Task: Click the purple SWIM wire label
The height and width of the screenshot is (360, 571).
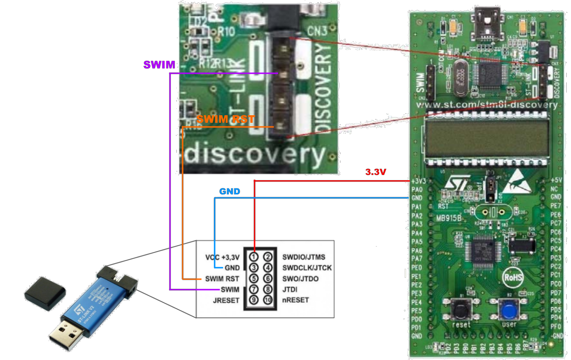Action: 159,65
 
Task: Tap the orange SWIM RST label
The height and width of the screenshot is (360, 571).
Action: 225,119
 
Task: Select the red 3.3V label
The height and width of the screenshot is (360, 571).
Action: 375,172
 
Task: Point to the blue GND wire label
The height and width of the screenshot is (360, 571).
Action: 230,191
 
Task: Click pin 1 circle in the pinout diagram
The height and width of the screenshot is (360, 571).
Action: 253,257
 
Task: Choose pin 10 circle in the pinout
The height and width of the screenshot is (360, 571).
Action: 268,300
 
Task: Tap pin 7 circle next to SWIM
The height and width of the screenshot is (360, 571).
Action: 253,290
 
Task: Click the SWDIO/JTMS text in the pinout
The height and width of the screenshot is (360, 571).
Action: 304,257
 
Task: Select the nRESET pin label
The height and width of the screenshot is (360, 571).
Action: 296,300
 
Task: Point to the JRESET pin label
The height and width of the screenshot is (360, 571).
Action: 226,301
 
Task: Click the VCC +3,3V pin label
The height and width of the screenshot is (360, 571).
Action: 222,257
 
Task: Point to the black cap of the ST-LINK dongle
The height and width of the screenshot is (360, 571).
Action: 45,293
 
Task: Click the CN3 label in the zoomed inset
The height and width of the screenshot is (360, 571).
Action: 317,31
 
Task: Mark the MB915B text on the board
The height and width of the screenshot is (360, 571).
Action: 449,218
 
